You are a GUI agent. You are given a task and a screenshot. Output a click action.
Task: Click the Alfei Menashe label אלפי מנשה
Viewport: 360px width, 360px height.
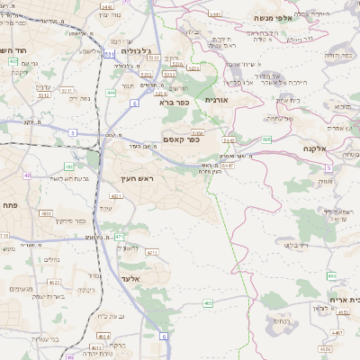click(x=271, y=17)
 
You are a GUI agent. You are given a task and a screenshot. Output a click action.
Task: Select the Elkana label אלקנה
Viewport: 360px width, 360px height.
click(x=315, y=148)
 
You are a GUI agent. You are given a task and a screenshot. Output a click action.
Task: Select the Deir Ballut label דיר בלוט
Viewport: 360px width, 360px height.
click(x=296, y=244)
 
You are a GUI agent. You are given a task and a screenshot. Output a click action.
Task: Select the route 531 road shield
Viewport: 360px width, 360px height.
click(x=108, y=56)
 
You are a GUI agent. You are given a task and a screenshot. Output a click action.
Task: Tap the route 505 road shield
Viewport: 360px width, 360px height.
click(x=266, y=139)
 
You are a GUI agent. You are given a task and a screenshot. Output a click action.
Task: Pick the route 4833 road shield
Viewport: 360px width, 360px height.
click(x=45, y=213)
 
